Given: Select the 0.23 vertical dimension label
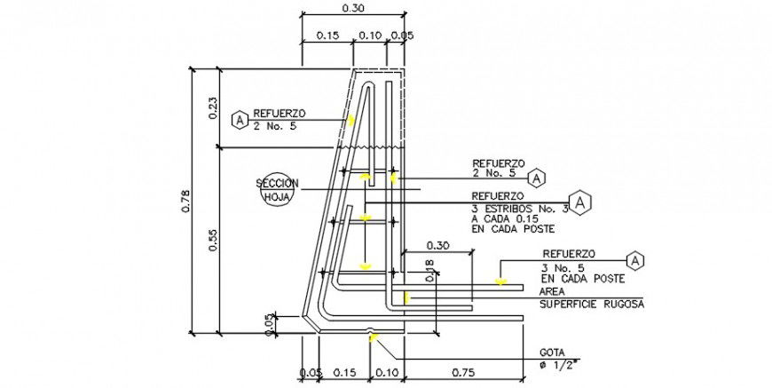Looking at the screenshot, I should point(213,108).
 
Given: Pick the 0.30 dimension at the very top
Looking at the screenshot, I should point(352,8).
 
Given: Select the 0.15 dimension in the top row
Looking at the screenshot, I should point(327,36).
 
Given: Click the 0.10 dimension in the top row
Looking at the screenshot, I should point(369,36).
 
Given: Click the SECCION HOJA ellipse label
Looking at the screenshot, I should point(277,190).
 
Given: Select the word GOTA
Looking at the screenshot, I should point(551,352).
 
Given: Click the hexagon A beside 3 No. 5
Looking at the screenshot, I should point(635,259).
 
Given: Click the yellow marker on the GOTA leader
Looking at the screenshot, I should point(374,337).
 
